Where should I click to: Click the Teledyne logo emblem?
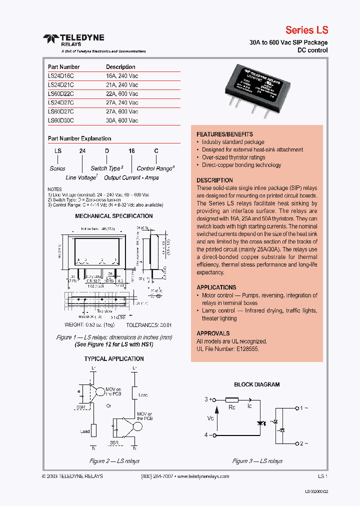pos(51,38)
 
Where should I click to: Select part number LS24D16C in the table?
pos(61,76)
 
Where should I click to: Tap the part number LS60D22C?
pos(61,94)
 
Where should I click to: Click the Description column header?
pos(120,67)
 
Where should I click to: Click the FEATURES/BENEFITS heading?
pos(224,134)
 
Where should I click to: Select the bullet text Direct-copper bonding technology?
pos(241,165)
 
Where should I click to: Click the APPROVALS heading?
pos(213,333)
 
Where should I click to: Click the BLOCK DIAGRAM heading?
pos(257,384)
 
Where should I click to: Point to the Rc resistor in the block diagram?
pos(232,400)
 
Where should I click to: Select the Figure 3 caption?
pos(257,461)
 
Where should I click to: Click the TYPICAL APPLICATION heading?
pos(114,359)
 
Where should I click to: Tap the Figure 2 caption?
pos(114,461)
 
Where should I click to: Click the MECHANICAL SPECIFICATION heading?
pos(114,216)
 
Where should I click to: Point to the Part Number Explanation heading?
pos(79,138)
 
